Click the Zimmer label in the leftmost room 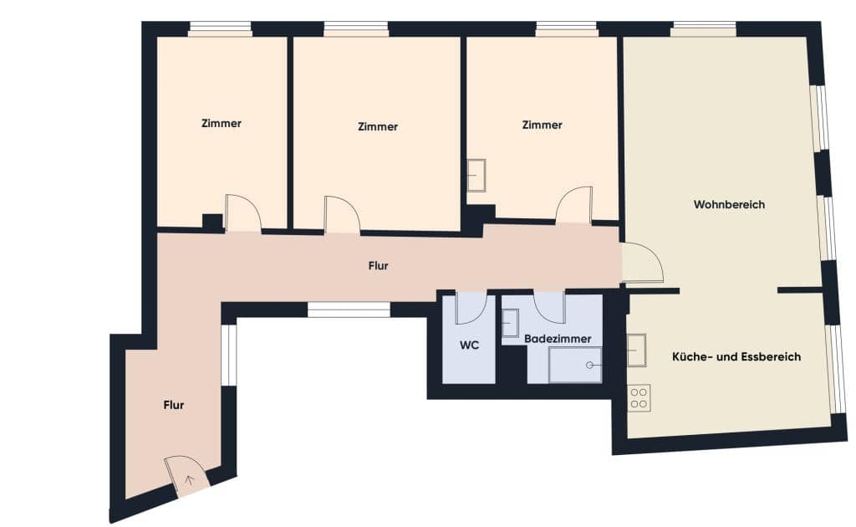pyautogui.click(x=222, y=123)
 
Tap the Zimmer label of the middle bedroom pyautogui.click(x=377, y=127)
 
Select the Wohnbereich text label pyautogui.click(x=729, y=204)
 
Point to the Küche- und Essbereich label pyautogui.click(x=736, y=356)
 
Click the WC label pyautogui.click(x=469, y=345)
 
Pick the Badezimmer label pyautogui.click(x=558, y=339)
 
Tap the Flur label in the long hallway pyautogui.click(x=378, y=266)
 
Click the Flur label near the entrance pyautogui.click(x=173, y=405)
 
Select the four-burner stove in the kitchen pyautogui.click(x=639, y=397)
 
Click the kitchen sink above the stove pyautogui.click(x=637, y=349)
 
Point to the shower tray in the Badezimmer pyautogui.click(x=575, y=366)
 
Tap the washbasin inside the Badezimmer pyautogui.click(x=509, y=323)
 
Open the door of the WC pyautogui.click(x=471, y=309)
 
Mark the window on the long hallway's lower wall pyautogui.click(x=349, y=310)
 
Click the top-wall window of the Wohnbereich pyautogui.click(x=703, y=29)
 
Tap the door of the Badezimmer pyautogui.click(x=550, y=307)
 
